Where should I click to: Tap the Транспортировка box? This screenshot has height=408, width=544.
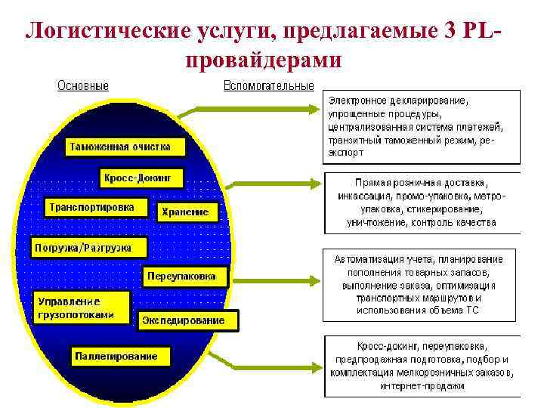tap(91, 206)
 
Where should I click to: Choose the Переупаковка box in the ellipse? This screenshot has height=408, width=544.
tap(185, 276)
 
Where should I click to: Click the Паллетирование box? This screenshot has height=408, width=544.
tap(120, 356)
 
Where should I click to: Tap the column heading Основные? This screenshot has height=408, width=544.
tap(83, 85)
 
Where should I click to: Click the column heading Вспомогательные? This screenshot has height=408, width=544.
tap(268, 85)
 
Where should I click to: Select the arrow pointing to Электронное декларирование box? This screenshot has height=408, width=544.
tap(257, 110)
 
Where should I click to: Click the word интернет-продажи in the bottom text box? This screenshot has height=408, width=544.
tap(422, 386)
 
